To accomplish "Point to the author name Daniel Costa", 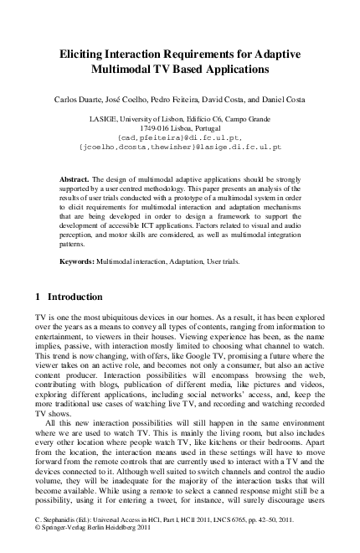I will [287, 99].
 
